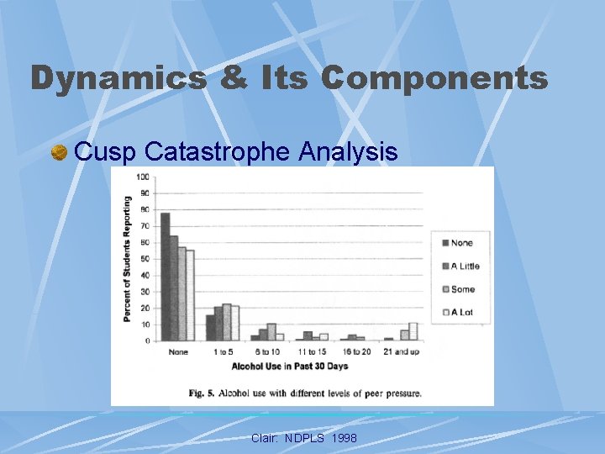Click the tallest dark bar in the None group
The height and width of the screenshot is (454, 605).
tap(166, 277)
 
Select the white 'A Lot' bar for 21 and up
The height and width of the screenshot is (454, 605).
tap(413, 331)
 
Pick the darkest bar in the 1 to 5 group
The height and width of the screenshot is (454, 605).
tap(210, 328)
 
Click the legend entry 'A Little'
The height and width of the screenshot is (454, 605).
tap(460, 267)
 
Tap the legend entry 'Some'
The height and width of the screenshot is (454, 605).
tap(460, 289)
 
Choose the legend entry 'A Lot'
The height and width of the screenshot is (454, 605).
tap(460, 312)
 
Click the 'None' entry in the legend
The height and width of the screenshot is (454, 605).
tap(460, 243)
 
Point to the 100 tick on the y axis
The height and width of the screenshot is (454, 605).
tap(142, 177)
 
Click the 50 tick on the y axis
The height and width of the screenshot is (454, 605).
tap(144, 259)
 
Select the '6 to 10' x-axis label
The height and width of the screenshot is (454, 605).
tap(269, 351)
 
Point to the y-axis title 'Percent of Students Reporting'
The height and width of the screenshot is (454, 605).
tap(128, 259)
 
